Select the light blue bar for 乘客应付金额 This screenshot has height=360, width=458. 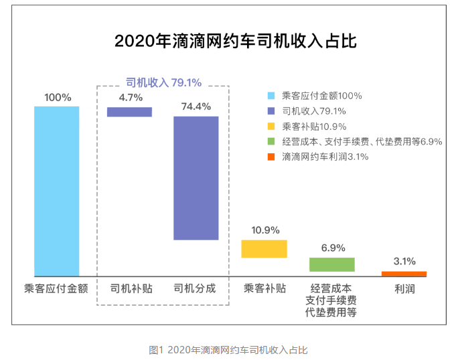(x=57, y=191)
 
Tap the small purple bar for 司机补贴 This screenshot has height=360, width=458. (x=129, y=112)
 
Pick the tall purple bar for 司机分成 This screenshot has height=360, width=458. (x=196, y=178)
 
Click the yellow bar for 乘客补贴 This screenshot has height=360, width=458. (x=264, y=249)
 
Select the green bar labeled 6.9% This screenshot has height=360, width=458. (x=332, y=264)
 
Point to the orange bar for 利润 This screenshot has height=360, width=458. (x=404, y=274)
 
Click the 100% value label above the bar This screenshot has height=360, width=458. (x=58, y=97)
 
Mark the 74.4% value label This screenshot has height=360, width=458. (x=196, y=106)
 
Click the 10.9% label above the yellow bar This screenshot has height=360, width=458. (x=265, y=230)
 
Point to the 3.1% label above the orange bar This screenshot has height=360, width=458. (x=404, y=262)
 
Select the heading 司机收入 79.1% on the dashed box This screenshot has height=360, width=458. (x=163, y=82)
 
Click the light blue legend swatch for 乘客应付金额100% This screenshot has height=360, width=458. (x=271, y=96)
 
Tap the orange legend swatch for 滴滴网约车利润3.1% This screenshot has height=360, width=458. (x=271, y=157)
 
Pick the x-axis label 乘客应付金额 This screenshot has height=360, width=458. (x=56, y=288)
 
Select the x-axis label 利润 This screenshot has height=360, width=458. (x=404, y=288)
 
